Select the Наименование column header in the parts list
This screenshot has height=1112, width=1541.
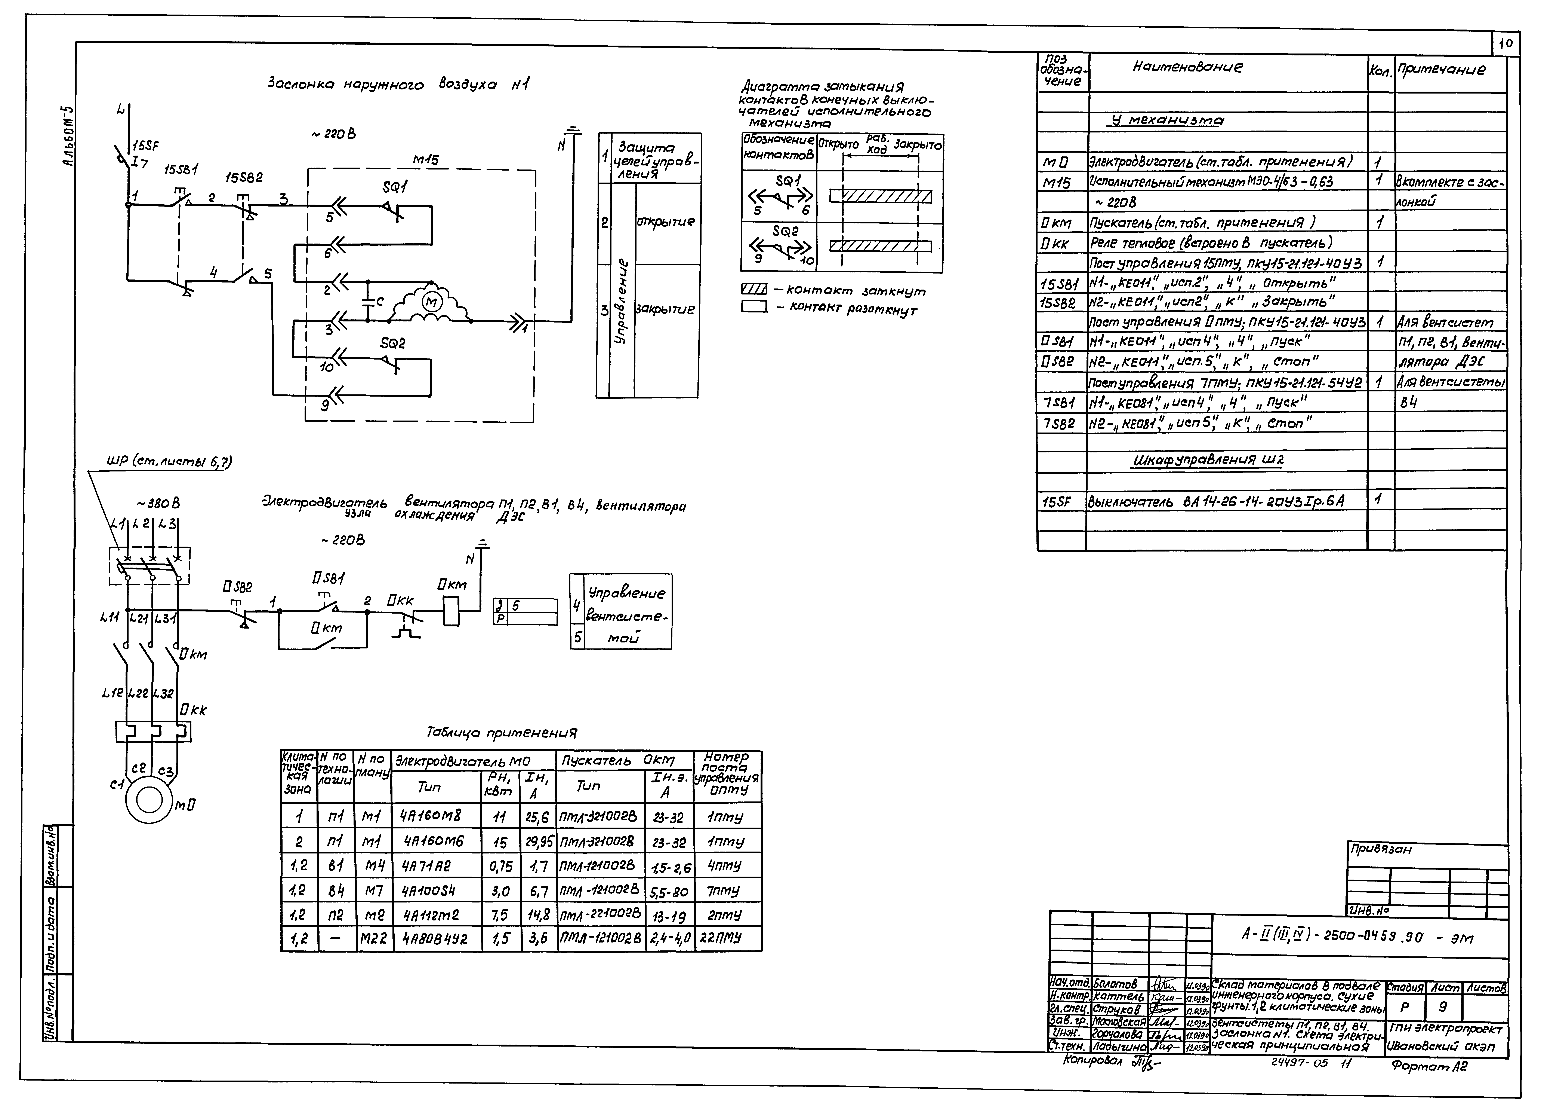[1188, 67]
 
